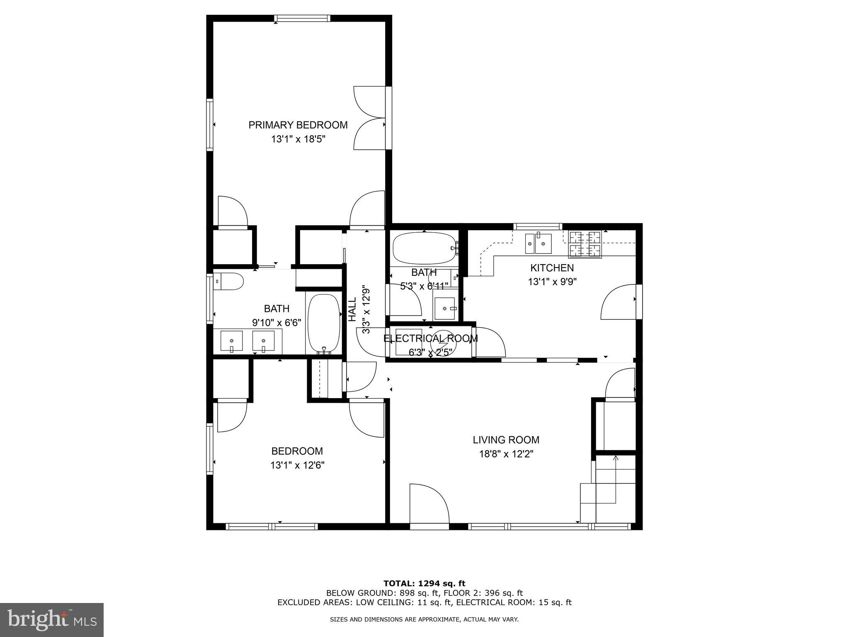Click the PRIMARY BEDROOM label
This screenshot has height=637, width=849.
298,125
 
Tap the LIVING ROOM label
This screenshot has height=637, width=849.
506,440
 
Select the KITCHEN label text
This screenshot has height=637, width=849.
552,268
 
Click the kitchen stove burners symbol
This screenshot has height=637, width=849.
585,244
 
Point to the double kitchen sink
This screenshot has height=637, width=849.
538,243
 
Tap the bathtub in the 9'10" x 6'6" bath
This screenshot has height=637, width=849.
324,323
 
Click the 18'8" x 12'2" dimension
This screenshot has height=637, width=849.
506,454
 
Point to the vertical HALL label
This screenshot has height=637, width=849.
352,309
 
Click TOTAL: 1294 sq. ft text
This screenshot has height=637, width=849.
424,584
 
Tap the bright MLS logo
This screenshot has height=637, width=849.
52,620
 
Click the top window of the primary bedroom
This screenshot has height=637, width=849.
303,18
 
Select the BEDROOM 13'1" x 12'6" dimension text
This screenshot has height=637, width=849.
297,465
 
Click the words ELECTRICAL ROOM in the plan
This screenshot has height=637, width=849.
430,338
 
